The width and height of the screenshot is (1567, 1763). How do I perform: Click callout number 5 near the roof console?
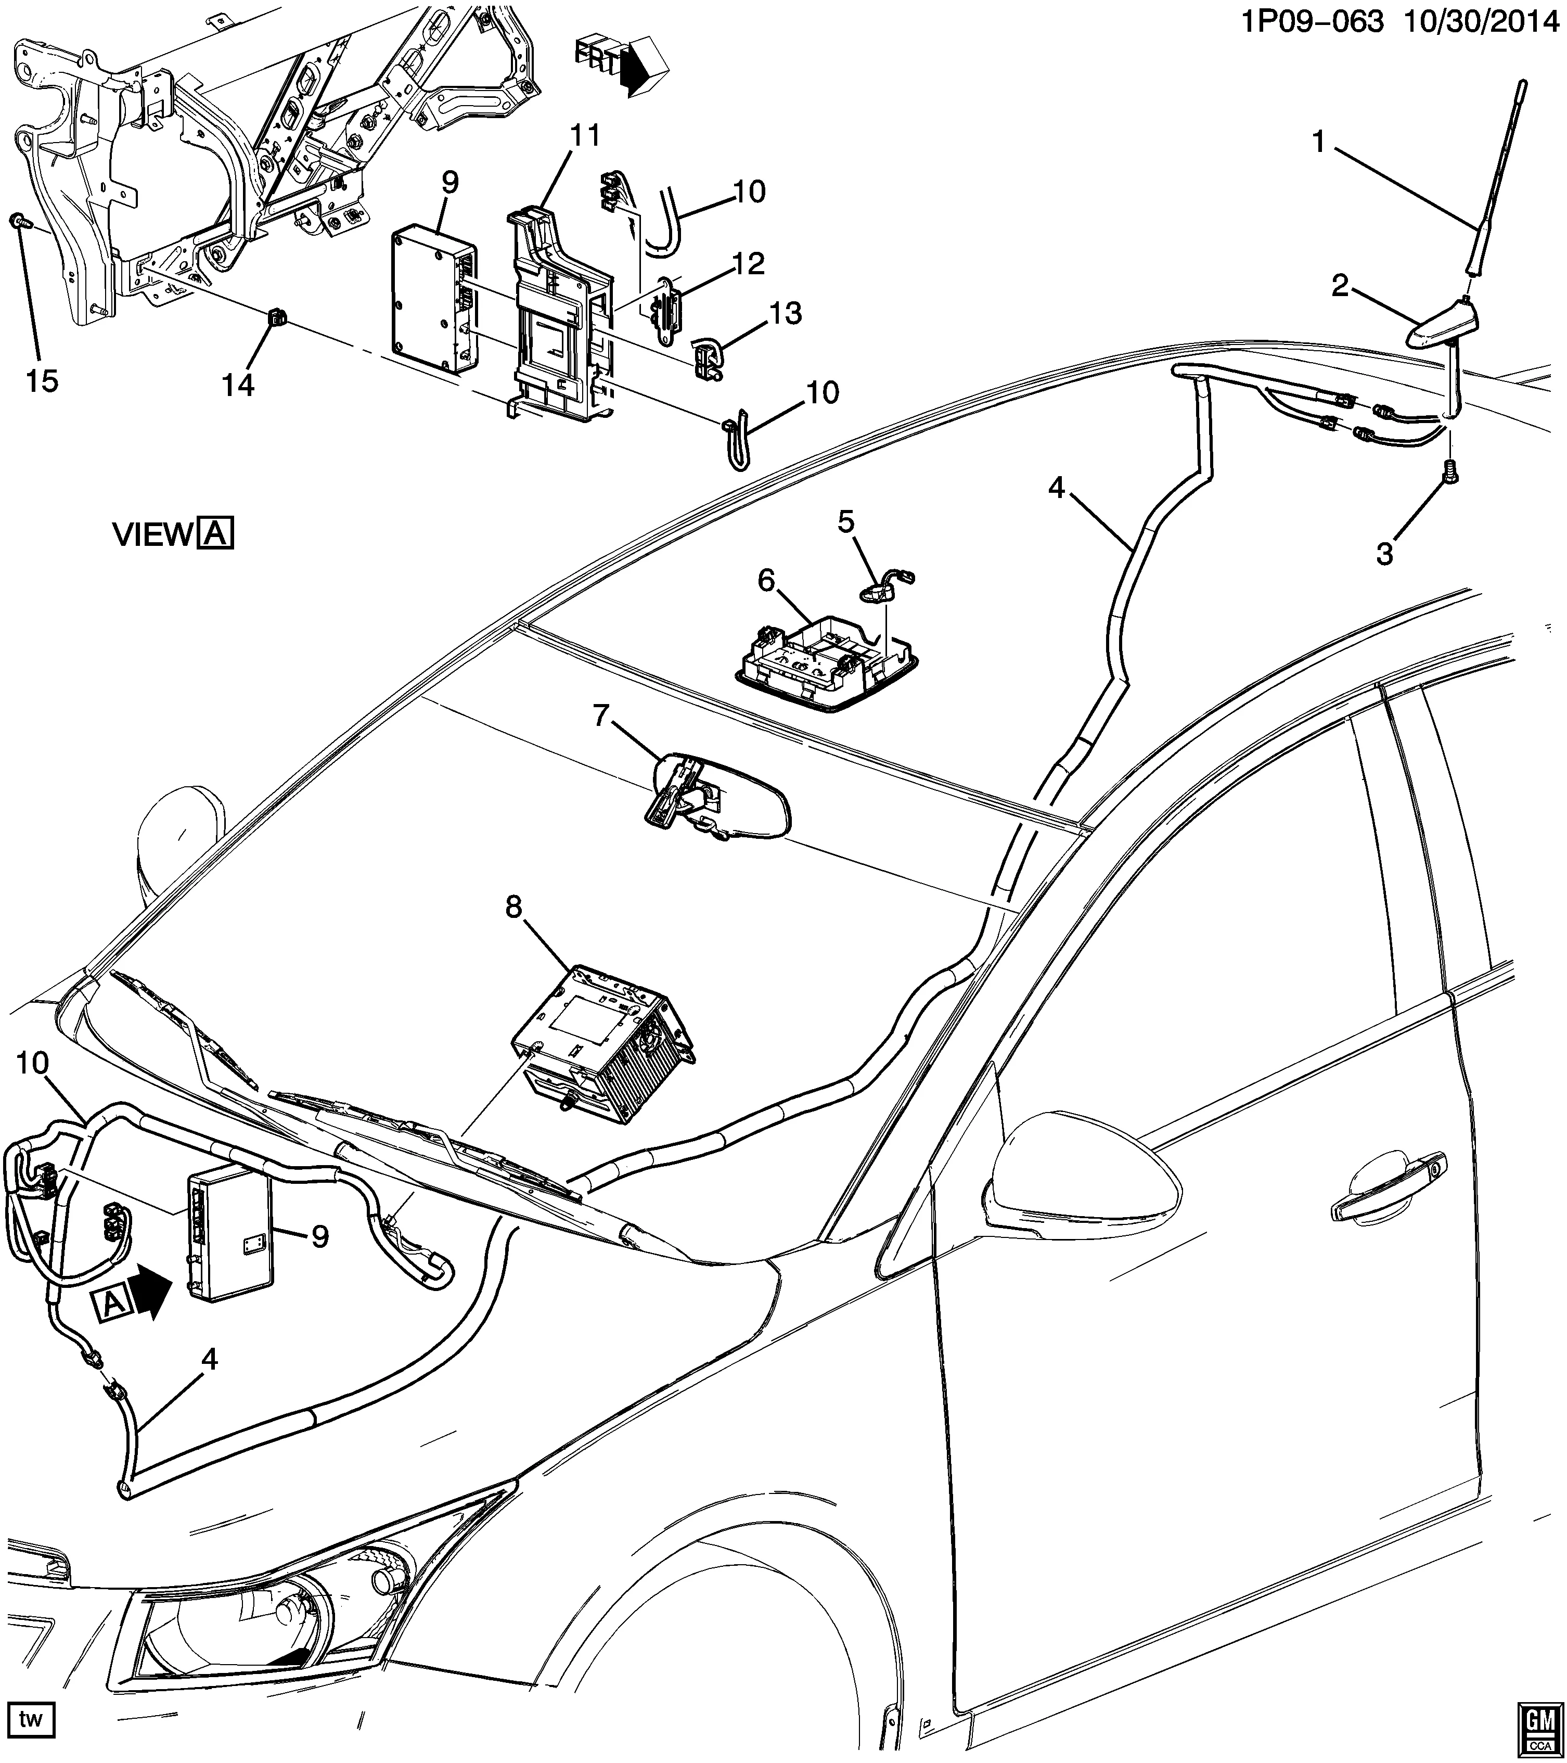[845, 521]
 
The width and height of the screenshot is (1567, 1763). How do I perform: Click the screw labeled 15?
[18, 223]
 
